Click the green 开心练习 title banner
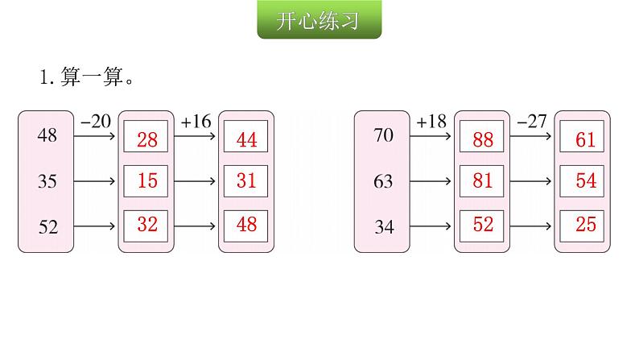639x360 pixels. click(319, 22)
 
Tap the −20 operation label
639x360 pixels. click(95, 122)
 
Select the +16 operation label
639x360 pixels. click(196, 122)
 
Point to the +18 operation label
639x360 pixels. click(431, 122)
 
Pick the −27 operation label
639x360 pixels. click(531, 122)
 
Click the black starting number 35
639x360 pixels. click(47, 182)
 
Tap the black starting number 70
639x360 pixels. click(384, 135)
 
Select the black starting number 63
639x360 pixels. click(384, 182)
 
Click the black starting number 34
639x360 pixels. click(384, 227)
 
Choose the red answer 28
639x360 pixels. click(147, 140)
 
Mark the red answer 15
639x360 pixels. click(147, 181)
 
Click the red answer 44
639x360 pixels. click(247, 140)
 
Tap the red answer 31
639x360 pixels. click(247, 181)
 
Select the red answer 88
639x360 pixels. click(483, 140)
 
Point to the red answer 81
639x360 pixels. click(483, 181)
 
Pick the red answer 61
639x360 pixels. click(585, 140)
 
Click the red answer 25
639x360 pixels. click(585, 225)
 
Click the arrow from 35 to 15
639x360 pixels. click(95, 181)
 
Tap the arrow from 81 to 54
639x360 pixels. click(531, 181)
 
